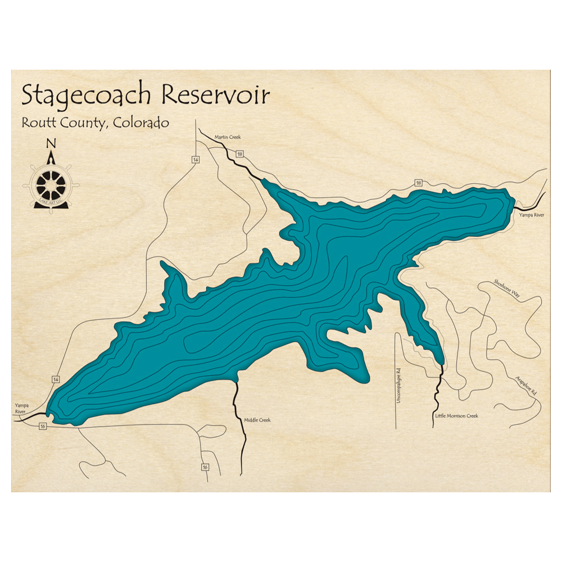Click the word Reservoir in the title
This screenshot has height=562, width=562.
click(216, 95)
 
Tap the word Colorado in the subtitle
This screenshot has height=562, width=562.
click(140, 123)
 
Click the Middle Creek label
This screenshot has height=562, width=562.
click(257, 420)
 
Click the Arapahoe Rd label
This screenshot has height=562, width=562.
click(525, 384)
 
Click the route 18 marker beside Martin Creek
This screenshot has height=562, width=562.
click(240, 154)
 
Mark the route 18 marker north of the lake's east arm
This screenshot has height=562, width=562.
click(418, 183)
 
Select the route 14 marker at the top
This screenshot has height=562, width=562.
click(195, 160)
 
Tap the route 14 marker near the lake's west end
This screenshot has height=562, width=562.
click(55, 380)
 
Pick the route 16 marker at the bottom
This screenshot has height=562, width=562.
click(205, 467)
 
